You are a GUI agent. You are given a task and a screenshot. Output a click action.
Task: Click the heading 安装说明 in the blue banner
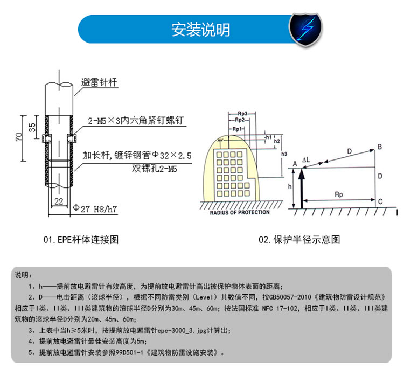(201, 29)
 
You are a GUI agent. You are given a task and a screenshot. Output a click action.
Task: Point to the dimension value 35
(32, 127)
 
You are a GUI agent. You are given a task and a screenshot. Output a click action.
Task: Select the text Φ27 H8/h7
(95, 207)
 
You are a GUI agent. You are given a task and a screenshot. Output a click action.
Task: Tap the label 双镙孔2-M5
(156, 168)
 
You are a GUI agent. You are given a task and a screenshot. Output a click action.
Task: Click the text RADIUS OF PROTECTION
(240, 212)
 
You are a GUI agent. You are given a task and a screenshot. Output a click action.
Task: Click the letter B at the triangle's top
(380, 147)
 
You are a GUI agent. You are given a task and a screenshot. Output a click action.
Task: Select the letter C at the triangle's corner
(380, 201)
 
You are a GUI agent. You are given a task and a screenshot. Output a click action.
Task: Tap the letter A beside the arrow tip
(294, 163)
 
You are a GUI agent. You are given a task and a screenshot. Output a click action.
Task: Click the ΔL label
(307, 160)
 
